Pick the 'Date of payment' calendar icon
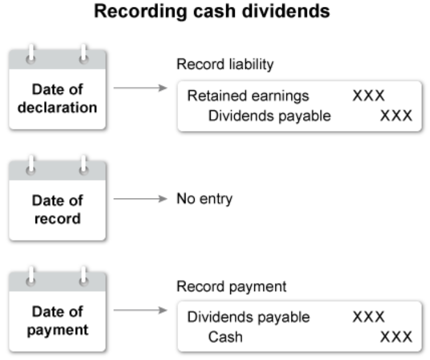coord(57,312)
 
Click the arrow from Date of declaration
coord(140,88)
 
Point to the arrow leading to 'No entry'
coord(140,200)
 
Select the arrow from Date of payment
coord(140,311)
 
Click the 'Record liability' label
coord(224,64)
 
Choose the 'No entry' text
coord(204,200)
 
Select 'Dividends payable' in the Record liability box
coord(269,116)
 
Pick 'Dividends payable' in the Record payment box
coord(248,317)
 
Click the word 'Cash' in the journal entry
coord(225,337)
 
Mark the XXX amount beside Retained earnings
coord(368,96)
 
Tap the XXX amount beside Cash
coord(396,337)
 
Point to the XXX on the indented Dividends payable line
coord(396,116)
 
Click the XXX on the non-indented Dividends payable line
coord(368,317)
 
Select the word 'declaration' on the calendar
coord(57,107)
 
